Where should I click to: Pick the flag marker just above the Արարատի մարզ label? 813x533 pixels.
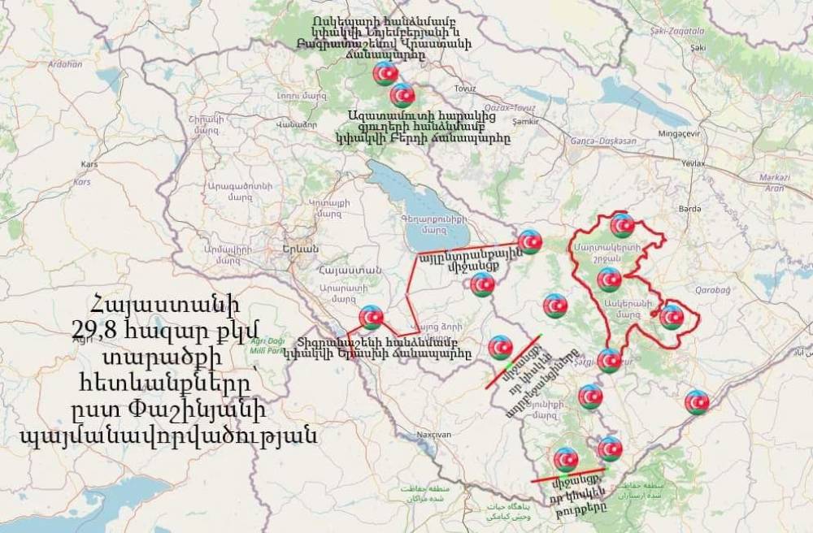372,317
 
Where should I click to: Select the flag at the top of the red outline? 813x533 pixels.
622,225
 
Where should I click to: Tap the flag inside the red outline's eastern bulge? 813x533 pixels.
672,317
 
